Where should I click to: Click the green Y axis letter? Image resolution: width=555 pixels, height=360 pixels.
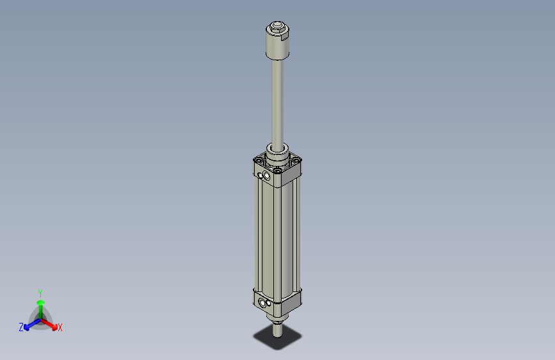point(40,292)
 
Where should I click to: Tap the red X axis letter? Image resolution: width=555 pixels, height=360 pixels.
point(60,328)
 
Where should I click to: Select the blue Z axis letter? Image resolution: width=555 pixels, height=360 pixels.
point(21,327)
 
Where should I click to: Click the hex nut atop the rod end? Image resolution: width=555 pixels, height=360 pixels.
point(277,28)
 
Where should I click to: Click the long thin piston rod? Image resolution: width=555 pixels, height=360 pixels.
point(277,102)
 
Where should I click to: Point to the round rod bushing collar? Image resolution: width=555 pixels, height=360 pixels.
point(277,153)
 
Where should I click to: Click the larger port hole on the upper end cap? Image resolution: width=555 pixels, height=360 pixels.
point(266,176)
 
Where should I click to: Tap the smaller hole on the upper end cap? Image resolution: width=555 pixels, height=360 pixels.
point(259,173)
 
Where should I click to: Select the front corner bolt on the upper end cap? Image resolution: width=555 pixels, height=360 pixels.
point(277,170)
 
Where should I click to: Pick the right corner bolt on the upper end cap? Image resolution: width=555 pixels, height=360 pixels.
point(296,161)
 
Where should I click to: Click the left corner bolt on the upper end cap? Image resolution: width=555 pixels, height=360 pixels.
point(259,161)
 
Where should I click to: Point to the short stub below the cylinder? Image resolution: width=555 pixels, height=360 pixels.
point(277,330)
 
